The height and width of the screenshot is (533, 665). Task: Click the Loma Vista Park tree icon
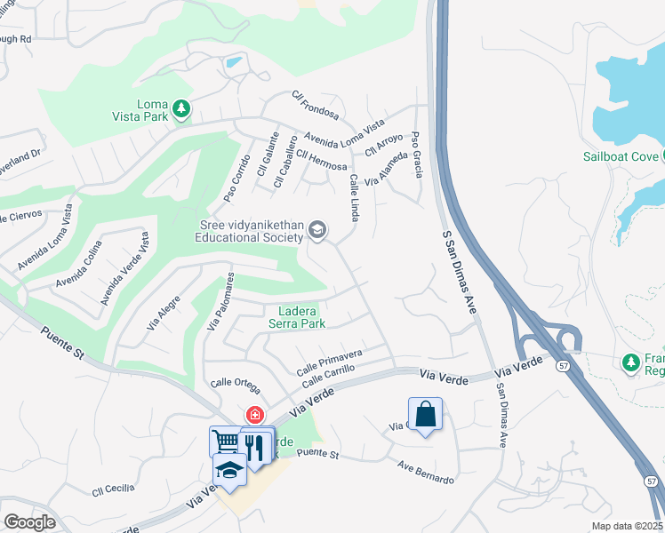pyautogui.click(x=181, y=108)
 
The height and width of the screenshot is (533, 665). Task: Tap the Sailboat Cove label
pyautogui.click(x=621, y=156)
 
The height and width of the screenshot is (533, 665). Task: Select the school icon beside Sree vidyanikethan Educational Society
pyautogui.click(x=317, y=232)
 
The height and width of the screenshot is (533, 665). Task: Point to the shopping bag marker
pyautogui.click(x=426, y=414)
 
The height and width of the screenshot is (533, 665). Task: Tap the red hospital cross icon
pyautogui.click(x=254, y=415)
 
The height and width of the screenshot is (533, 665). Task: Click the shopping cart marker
pyautogui.click(x=226, y=442)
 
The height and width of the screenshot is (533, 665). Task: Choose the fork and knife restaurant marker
pyautogui.click(x=258, y=445)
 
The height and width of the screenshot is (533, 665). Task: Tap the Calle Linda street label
pyautogui.click(x=356, y=197)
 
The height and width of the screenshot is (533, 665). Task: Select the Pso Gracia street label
pyautogui.click(x=416, y=155)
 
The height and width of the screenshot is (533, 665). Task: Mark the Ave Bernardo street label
pyautogui.click(x=426, y=473)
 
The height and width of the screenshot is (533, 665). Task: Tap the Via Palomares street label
pyautogui.click(x=220, y=301)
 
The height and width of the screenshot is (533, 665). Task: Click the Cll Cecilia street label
pyautogui.click(x=114, y=489)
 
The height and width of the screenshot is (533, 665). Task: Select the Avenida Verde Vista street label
pyautogui.click(x=124, y=266)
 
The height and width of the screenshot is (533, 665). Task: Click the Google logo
pyautogui.click(x=29, y=521)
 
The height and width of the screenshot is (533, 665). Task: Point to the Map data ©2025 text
pyautogui.click(x=626, y=526)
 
